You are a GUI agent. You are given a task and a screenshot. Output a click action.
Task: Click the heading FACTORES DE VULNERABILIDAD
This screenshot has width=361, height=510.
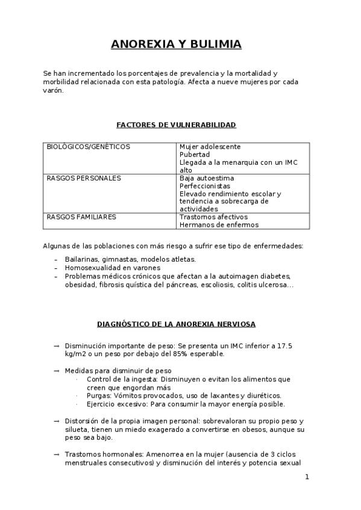coord(176,124)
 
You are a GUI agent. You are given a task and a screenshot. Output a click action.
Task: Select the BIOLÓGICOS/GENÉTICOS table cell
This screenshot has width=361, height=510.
coord(88,147)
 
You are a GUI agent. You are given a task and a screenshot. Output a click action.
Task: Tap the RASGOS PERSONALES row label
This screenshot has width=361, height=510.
coord(83,178)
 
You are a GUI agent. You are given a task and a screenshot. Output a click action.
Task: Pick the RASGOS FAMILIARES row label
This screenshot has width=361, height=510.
coord(81,217)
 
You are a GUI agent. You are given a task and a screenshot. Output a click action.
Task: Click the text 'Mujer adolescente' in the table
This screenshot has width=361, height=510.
coord(210,147)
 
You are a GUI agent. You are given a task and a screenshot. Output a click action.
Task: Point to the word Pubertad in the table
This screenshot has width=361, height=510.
coord(195,155)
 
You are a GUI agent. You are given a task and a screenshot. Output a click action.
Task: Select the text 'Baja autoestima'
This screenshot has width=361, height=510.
coord(207,178)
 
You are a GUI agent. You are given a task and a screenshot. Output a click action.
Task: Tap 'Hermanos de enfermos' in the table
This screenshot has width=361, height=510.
coord(219,224)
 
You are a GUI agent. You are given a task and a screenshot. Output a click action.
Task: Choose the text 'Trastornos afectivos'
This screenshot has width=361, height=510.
coord(215,217)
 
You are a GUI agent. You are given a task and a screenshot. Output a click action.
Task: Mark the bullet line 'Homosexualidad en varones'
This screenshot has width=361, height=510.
coord(113,268)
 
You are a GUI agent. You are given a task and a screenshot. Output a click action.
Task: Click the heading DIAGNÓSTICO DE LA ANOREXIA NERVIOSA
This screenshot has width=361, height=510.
coord(176,324)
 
